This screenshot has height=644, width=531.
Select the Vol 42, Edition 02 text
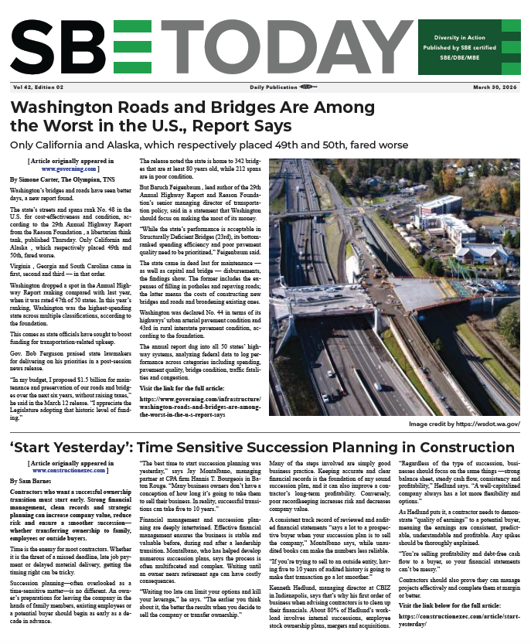click(36, 87)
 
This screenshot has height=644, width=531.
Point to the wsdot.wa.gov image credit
click(465, 424)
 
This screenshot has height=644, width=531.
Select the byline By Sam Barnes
click(30, 480)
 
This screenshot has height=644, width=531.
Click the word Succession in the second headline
click(314, 448)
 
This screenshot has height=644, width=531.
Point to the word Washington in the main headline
click(67, 106)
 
